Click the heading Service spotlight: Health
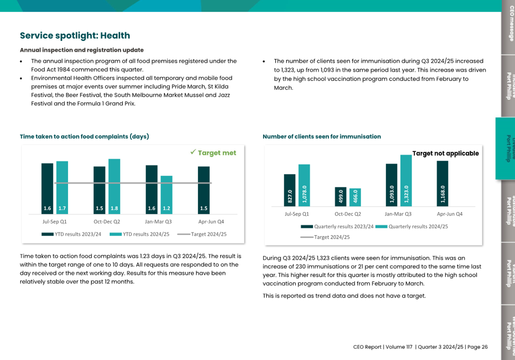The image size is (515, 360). (75, 36)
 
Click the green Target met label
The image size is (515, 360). (213, 153)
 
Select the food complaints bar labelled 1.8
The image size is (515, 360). (114, 186)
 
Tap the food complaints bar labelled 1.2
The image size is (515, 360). (166, 194)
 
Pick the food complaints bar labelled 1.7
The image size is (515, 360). (62, 187)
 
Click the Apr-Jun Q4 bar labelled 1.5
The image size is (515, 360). (204, 190)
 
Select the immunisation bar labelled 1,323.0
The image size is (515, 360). (406, 180)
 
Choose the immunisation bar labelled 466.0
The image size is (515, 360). (355, 197)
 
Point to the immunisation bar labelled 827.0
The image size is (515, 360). (289, 190)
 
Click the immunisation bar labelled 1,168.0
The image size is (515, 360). (442, 183)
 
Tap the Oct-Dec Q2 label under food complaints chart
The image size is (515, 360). (107, 222)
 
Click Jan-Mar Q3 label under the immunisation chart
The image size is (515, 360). (398, 214)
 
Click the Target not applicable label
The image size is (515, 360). (445, 153)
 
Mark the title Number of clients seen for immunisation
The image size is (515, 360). (322, 137)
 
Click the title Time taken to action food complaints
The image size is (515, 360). (84, 137)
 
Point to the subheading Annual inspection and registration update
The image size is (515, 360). (82, 50)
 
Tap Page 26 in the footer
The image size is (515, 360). (478, 347)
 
